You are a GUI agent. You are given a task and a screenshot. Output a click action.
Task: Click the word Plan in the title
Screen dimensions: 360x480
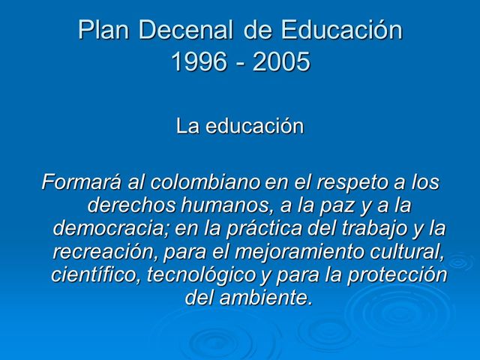[x=102, y=31]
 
